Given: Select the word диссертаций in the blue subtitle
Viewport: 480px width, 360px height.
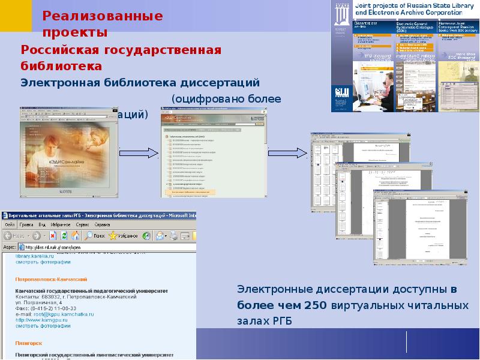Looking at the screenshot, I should click(x=223, y=81).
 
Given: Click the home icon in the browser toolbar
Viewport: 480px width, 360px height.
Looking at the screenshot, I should click(x=76, y=235).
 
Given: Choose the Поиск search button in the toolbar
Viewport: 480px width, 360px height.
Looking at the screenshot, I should click(x=95, y=235).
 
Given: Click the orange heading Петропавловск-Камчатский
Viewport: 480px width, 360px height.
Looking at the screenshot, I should click(x=52, y=279).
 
